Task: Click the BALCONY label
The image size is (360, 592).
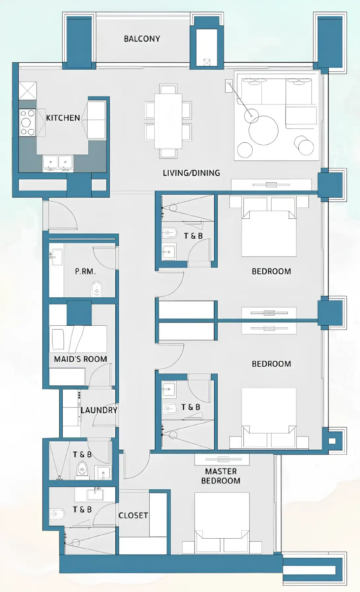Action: (x=142, y=39)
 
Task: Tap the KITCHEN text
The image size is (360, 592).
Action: (x=63, y=118)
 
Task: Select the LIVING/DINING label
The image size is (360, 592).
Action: (x=191, y=173)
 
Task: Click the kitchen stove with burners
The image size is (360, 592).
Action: (x=27, y=123)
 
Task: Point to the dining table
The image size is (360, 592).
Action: (x=168, y=121)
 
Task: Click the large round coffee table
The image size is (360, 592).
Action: (x=263, y=131)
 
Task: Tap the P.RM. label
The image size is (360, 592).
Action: (x=85, y=272)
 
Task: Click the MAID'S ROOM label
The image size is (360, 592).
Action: (x=80, y=359)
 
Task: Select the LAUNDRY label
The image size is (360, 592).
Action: (x=99, y=410)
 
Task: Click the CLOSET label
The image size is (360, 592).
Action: (x=133, y=515)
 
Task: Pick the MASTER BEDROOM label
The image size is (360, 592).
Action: (x=221, y=476)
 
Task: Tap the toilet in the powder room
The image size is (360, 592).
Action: (x=96, y=289)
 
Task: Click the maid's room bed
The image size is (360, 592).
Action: (x=78, y=339)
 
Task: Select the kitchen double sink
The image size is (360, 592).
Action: (x=58, y=163)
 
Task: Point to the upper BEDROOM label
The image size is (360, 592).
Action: (x=271, y=272)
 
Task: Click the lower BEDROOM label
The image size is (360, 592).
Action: (x=271, y=364)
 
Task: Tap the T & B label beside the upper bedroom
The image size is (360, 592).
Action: (x=193, y=236)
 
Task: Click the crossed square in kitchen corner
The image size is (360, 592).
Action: (x=27, y=91)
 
